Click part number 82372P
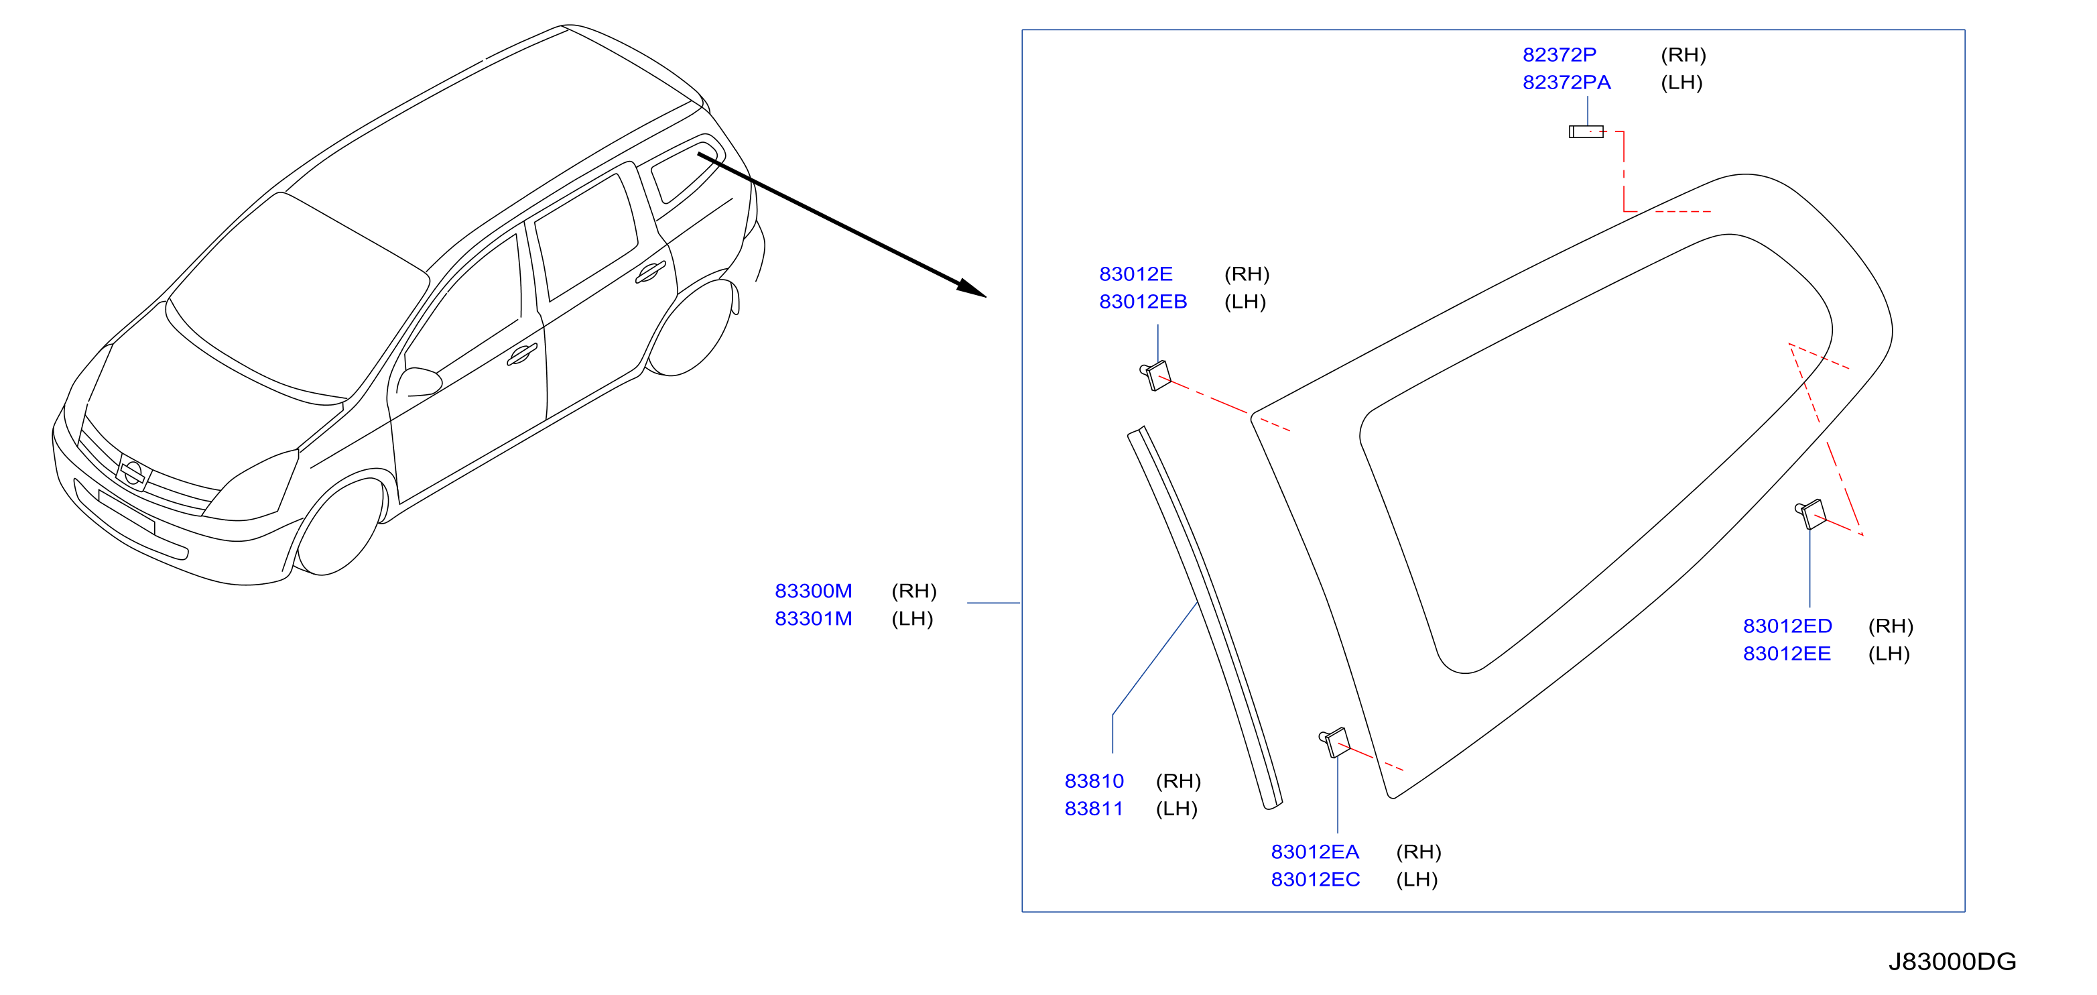click(x=1559, y=54)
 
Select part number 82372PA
click(x=1566, y=82)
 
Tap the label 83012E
click(x=1135, y=274)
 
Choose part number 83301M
click(x=813, y=618)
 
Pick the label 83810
click(x=1094, y=781)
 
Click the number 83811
click(x=1094, y=809)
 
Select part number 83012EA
click(x=1315, y=852)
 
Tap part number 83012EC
click(x=1316, y=880)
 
